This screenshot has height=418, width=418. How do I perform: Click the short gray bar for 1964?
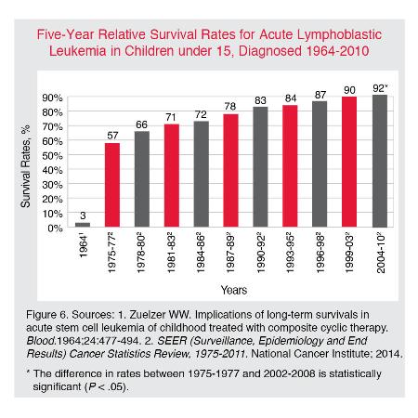83,225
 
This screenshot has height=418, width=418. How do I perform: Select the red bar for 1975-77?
112,185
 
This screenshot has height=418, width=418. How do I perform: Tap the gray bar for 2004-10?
380,161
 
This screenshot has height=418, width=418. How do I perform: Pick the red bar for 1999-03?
349,162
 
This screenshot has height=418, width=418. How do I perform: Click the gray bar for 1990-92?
260,167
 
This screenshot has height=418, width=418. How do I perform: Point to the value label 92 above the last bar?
378,88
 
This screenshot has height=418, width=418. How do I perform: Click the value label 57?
112,136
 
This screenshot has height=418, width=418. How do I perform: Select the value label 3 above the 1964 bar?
83,216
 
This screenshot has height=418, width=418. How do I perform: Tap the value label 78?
230,107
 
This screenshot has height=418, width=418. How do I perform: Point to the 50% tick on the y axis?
52,155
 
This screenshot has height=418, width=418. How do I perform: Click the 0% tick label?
55,229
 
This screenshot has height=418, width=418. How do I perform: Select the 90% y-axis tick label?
52,98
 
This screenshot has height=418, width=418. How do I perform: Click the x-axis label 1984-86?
201,254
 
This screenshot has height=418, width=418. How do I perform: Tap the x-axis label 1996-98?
320,254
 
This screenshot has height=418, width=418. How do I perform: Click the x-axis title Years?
234,290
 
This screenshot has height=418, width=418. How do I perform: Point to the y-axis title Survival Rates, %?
26,166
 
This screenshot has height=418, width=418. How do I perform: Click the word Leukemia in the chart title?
78,51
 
